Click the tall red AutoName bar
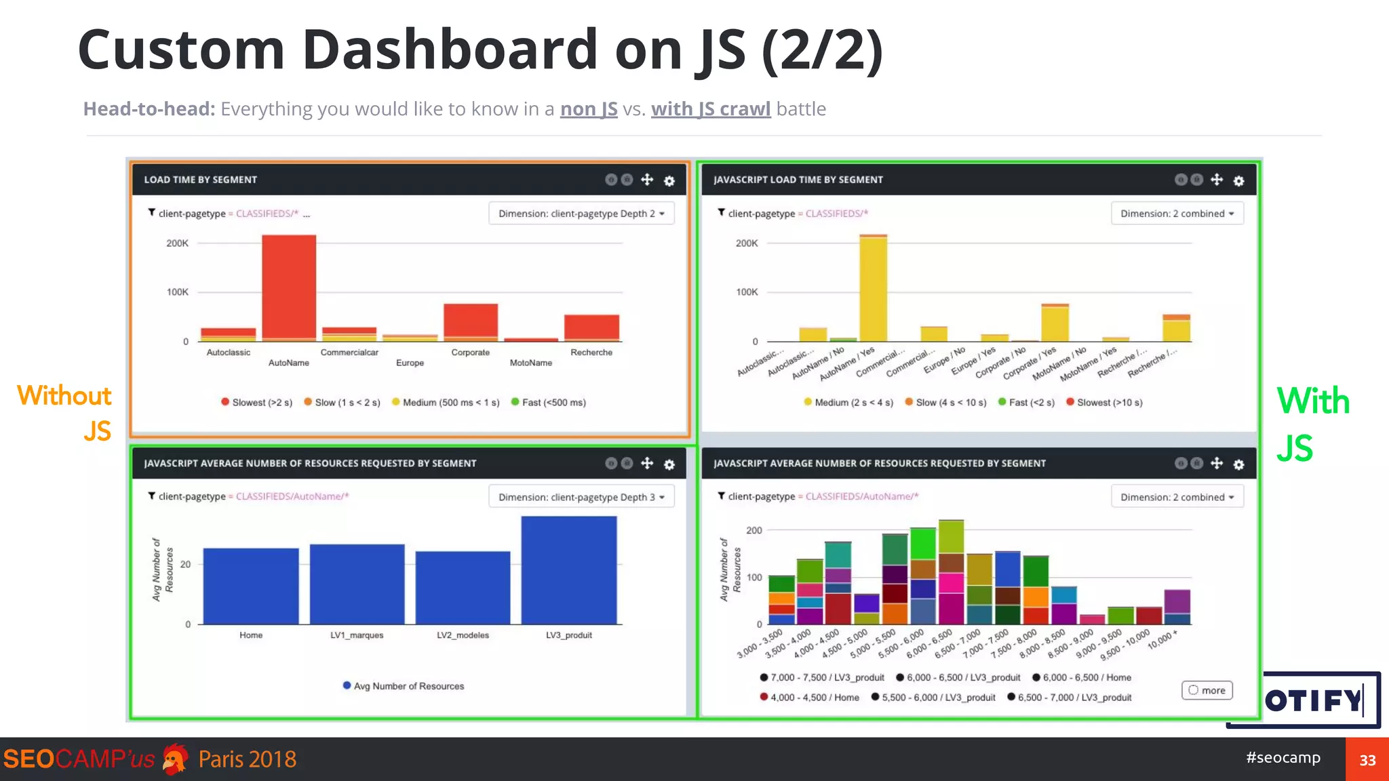click(289, 286)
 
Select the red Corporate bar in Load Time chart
click(470, 320)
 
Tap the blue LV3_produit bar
click(568, 569)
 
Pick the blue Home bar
click(251, 586)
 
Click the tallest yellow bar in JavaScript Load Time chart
click(874, 288)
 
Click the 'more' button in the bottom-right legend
click(1207, 690)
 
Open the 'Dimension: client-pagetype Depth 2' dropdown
click(581, 214)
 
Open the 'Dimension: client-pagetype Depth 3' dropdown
click(581, 497)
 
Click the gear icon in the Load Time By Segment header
click(669, 180)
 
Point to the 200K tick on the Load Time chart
click(178, 243)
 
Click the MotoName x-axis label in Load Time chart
click(530, 363)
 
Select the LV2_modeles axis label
click(463, 635)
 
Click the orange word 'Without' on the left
click(64, 395)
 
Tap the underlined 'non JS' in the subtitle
click(588, 109)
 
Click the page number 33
click(1367, 760)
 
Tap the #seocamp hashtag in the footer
click(1283, 757)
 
